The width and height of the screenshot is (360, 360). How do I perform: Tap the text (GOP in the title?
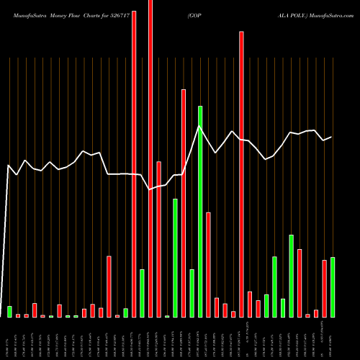pos(194,14)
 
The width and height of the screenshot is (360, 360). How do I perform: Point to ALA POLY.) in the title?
pos(222,14)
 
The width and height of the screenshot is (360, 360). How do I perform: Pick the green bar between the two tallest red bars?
pos(142,293)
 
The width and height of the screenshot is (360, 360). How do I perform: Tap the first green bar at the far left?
pos(9,312)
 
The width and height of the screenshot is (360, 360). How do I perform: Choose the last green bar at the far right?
pos(333,287)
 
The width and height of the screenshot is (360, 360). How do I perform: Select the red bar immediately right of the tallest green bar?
pos(209,264)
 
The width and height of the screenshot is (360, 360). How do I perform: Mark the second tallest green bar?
pos(175,258)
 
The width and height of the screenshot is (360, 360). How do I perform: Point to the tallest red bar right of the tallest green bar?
pos(242,174)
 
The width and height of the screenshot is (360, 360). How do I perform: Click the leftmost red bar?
pos(18,315)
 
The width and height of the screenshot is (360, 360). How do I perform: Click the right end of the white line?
pos(332,137)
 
